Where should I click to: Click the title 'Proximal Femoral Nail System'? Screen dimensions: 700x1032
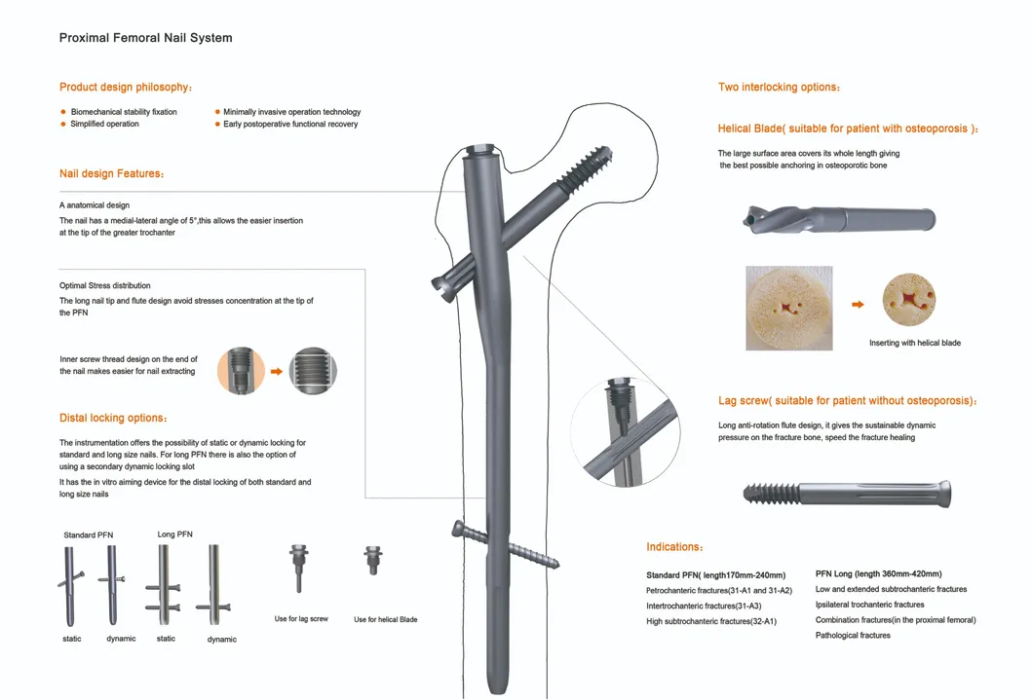[x=145, y=38]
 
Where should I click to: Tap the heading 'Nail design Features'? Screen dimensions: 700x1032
[x=111, y=173]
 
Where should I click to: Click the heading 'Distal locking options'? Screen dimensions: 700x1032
[x=113, y=418]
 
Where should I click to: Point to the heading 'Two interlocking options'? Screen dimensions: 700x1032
[x=779, y=88]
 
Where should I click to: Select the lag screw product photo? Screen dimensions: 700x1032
[x=847, y=493]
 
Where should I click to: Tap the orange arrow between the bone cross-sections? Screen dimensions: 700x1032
[x=858, y=305]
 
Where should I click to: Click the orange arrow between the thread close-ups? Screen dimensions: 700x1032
[x=276, y=371]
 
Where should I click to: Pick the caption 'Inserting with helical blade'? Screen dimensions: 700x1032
[x=914, y=343]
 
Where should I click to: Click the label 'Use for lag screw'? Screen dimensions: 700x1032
[x=301, y=619]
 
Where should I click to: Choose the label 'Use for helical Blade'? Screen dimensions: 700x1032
[x=385, y=619]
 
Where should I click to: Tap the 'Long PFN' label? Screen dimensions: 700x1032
[x=175, y=534]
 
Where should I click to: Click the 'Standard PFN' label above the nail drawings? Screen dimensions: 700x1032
[x=89, y=535]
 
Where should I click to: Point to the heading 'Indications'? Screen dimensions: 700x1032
[x=675, y=547]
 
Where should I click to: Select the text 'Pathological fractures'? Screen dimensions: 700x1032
[x=853, y=636]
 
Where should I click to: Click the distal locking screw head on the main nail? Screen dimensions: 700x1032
[x=458, y=529]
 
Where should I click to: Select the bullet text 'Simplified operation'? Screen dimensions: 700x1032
[x=104, y=125]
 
